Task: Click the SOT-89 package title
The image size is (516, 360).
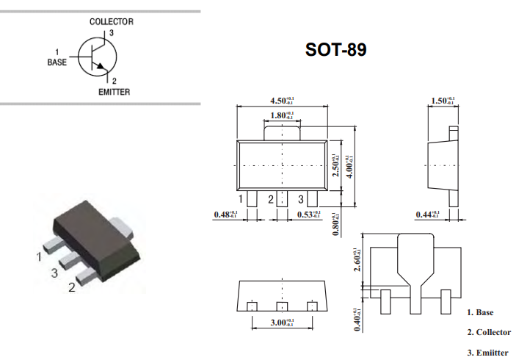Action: click(335, 50)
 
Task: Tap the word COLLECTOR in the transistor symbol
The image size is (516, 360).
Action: click(112, 22)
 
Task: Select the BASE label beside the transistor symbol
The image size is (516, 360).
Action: click(57, 62)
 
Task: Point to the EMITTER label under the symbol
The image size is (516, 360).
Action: click(114, 92)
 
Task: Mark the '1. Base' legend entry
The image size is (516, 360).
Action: click(480, 312)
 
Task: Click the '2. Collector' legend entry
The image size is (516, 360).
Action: click(488, 332)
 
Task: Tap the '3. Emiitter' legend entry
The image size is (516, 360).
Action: click(487, 353)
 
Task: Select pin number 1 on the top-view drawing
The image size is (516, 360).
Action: click(241, 199)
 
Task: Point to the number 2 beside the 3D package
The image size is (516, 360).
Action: click(71, 287)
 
